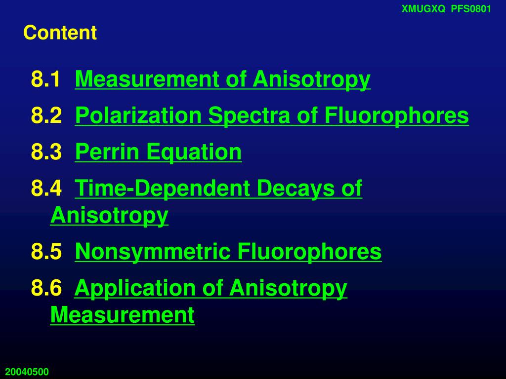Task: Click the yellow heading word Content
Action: [60, 33]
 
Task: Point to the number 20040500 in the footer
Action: [27, 372]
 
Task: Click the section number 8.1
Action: [46, 79]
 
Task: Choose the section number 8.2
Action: [46, 115]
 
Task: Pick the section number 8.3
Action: [46, 152]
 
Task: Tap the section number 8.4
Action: [46, 189]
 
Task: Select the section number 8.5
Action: [46, 252]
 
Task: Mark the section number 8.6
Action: [46, 288]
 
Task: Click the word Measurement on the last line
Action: [123, 315]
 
